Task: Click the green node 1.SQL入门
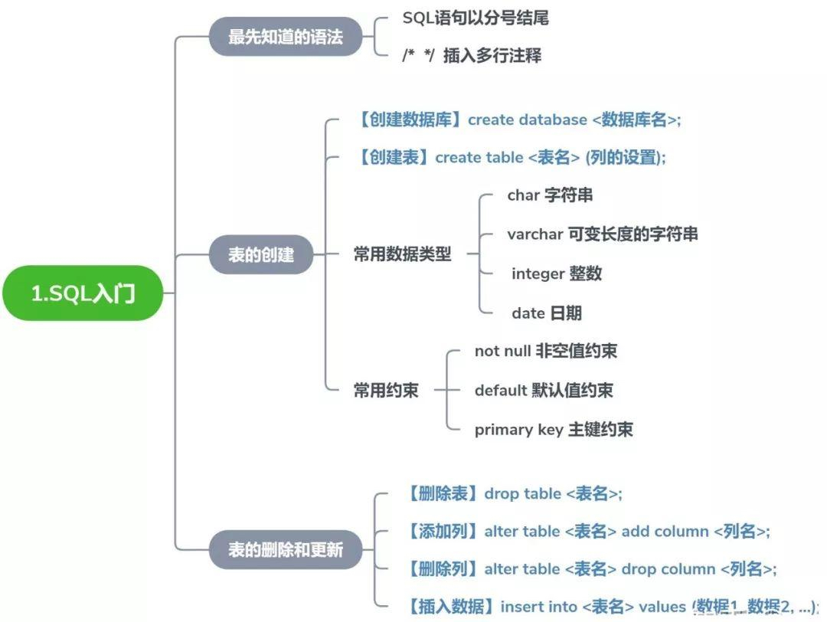pyautogui.click(x=83, y=294)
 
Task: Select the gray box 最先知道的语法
pyautogui.click(x=286, y=36)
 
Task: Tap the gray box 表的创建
pyautogui.click(x=261, y=254)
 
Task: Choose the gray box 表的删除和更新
pyautogui.click(x=286, y=549)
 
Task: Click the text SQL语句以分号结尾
pyautogui.click(x=476, y=18)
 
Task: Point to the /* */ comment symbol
pyautogui.click(x=418, y=56)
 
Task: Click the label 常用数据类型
pyautogui.click(x=402, y=254)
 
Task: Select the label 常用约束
pyautogui.click(x=386, y=390)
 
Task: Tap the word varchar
pyautogui.click(x=534, y=234)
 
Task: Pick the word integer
pyautogui.click(x=538, y=273)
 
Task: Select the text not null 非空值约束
pyautogui.click(x=545, y=351)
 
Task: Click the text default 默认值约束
pyautogui.click(x=544, y=390)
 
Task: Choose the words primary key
pyautogui.click(x=518, y=430)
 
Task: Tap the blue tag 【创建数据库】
pyautogui.click(x=410, y=119)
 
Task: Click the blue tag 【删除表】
pyautogui.click(x=443, y=493)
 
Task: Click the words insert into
pyautogui.click(x=530, y=607)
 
